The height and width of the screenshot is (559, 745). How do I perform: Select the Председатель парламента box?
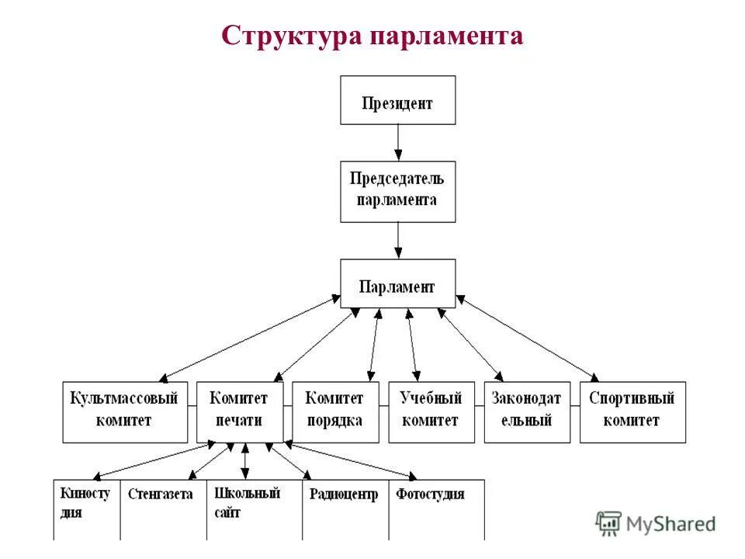tap(397, 191)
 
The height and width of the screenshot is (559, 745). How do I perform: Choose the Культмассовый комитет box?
tap(124, 411)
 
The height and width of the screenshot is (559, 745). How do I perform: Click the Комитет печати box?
tap(238, 411)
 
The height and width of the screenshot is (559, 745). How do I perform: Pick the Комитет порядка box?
tap(335, 411)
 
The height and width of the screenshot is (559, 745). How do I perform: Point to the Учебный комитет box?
tap(431, 411)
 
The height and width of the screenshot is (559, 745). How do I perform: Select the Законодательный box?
tap(526, 411)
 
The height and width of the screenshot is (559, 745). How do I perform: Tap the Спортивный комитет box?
tap(632, 411)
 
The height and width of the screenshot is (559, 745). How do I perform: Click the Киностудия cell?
tap(86, 509)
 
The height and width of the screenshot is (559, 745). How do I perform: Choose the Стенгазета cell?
tap(163, 509)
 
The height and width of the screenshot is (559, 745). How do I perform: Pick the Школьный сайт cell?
tap(254, 509)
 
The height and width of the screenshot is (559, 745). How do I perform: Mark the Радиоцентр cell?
tap(345, 509)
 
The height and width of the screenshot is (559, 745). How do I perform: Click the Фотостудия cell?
tap(435, 509)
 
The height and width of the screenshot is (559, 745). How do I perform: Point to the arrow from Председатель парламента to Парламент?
tap(397, 240)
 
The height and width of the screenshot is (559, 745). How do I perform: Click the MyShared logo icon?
tap(608, 523)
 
